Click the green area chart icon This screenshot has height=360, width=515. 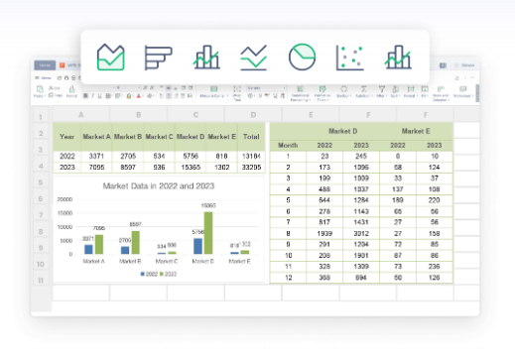(110, 57)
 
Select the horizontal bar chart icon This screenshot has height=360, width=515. (158, 57)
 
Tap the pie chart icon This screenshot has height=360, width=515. (302, 57)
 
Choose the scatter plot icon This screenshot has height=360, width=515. (349, 57)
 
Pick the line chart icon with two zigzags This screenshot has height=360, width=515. (253, 57)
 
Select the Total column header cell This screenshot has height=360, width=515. (250, 136)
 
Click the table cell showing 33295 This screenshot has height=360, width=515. (250, 167)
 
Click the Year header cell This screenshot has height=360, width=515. (67, 136)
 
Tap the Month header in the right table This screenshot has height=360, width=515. (287, 143)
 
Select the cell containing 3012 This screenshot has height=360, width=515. (361, 234)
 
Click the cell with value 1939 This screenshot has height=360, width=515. (324, 234)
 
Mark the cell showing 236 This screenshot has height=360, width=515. (432, 266)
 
